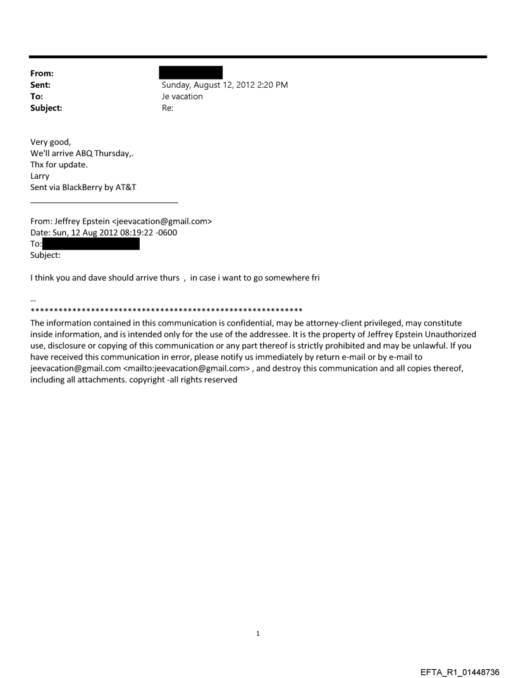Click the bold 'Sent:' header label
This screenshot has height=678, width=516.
tap(41, 85)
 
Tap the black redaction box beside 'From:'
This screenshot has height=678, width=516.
tap(190, 73)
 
